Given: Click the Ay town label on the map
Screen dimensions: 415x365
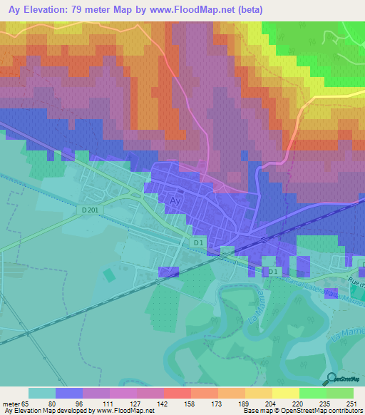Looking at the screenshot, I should tap(175, 202).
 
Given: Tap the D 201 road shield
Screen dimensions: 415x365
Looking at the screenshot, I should tap(90, 209).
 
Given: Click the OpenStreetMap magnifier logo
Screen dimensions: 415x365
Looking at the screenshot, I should tap(332, 380).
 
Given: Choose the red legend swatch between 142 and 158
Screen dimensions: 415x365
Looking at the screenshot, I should tap(177, 393).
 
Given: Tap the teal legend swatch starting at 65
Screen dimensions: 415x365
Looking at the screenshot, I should tap(42, 393).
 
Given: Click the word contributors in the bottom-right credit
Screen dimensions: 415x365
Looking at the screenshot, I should tap(344, 411).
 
